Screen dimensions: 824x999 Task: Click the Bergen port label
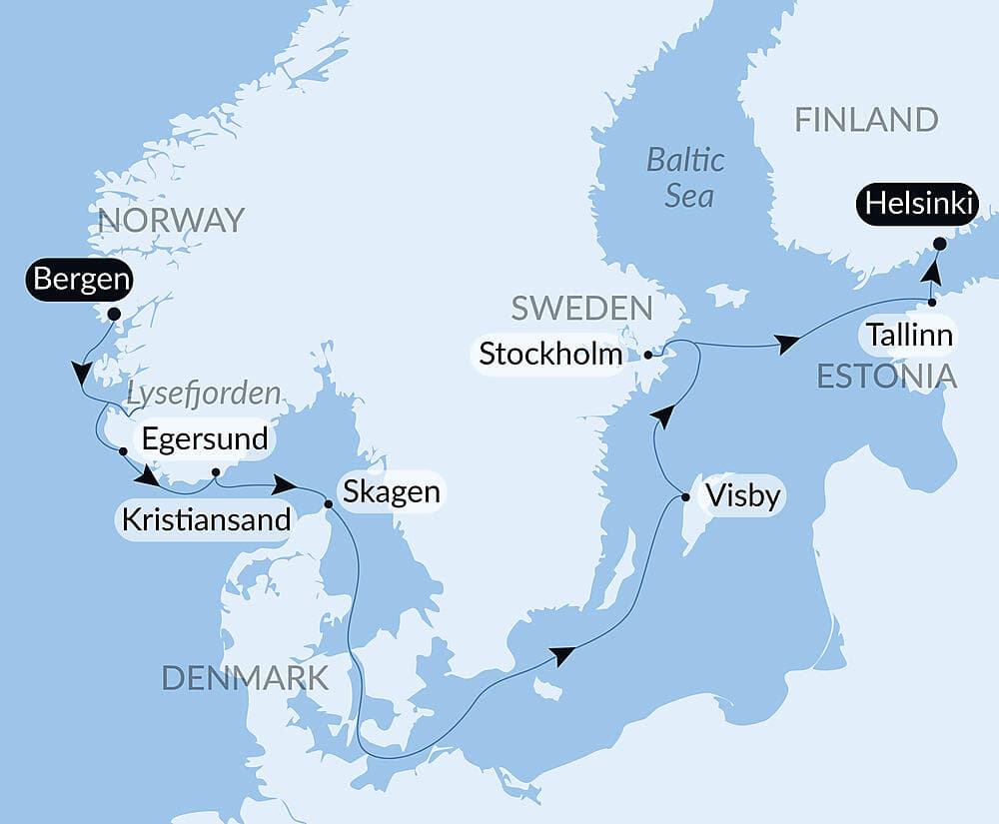(x=81, y=280)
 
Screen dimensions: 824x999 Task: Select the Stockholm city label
(x=549, y=354)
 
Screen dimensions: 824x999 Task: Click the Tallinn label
(x=908, y=335)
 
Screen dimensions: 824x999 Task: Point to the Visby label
(x=741, y=495)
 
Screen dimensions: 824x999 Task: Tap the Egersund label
(x=205, y=438)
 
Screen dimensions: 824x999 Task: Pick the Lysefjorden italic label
(x=203, y=394)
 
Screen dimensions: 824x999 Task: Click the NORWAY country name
(x=170, y=220)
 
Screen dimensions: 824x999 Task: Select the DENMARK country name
(x=245, y=678)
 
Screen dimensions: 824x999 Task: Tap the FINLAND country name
(x=866, y=121)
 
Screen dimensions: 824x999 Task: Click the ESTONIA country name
(x=887, y=377)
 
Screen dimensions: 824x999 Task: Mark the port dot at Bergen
(x=113, y=314)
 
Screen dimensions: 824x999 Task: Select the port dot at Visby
(x=685, y=496)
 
